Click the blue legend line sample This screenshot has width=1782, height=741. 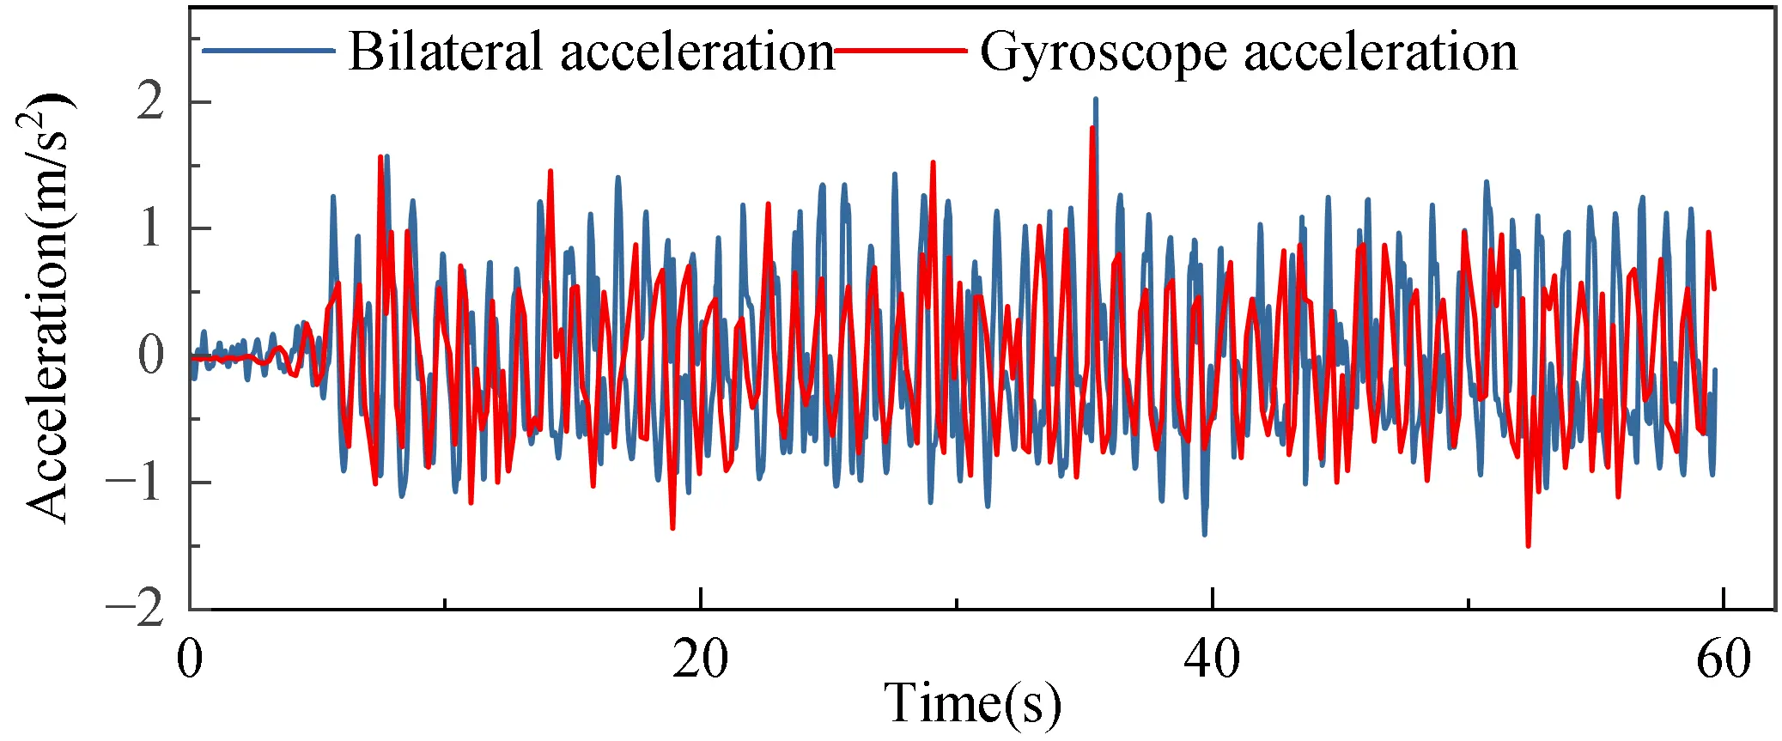268,51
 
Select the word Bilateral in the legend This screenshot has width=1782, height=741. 446,52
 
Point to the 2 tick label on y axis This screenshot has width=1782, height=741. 150,102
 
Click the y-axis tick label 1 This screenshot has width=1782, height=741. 150,228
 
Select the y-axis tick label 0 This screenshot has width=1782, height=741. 150,355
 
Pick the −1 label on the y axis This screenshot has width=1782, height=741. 136,482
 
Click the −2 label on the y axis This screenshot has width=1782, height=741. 136,608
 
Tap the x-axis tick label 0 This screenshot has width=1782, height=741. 190,659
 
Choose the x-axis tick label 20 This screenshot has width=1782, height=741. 700,659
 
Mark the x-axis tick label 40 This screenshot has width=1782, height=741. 1212,659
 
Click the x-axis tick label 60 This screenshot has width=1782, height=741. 1723,659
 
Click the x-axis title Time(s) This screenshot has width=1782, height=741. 972,704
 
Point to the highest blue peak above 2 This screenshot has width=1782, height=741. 1095,100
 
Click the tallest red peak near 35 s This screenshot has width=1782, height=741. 1092,129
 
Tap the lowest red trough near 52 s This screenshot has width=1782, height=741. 1528,544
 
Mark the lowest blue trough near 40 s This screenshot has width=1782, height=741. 1204,534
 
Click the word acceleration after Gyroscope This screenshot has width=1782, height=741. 1380,52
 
